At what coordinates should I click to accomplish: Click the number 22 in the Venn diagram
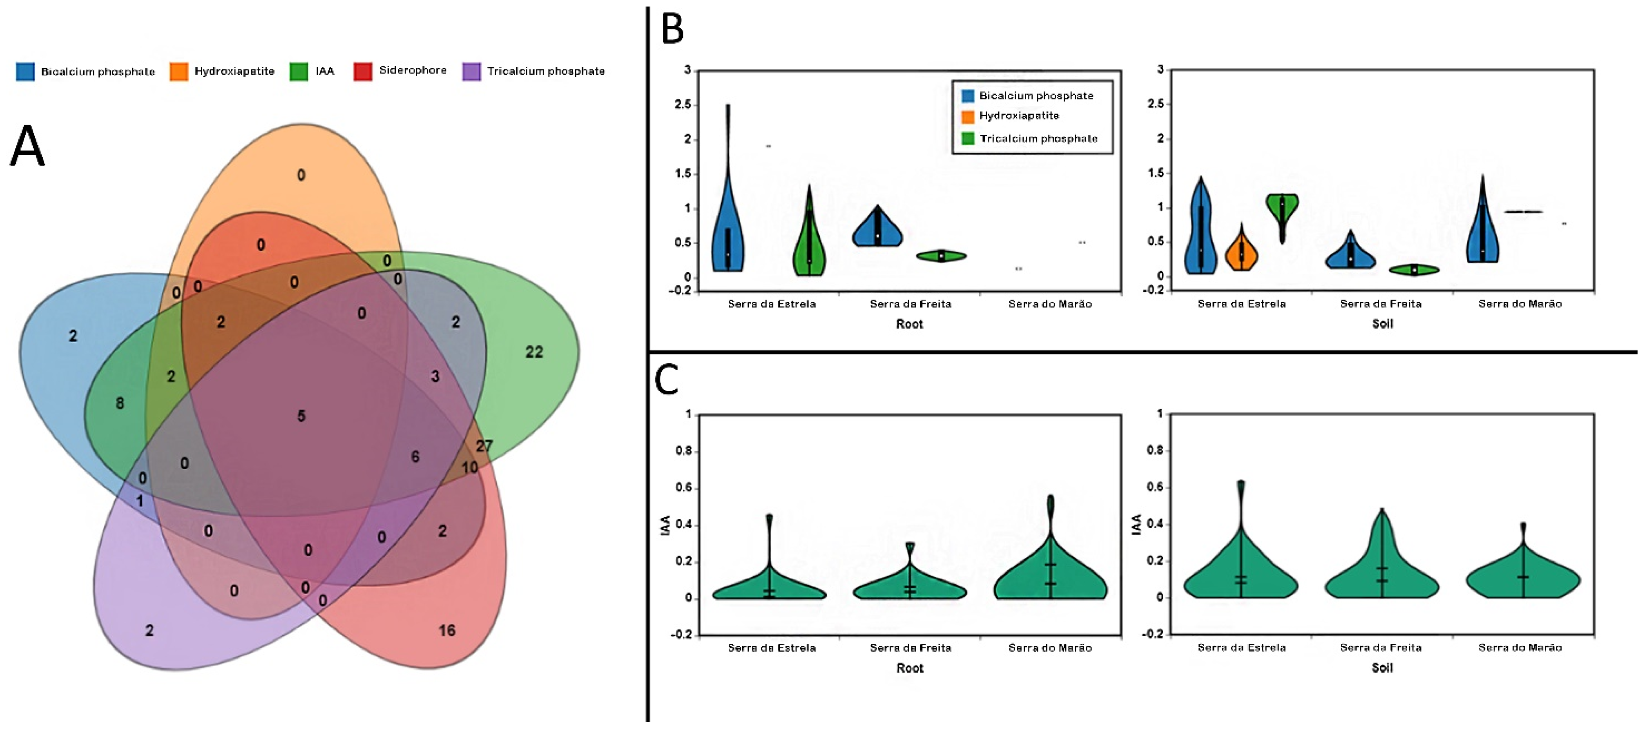[534, 352]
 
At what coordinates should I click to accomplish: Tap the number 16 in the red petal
[447, 630]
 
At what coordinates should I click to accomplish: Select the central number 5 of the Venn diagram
[301, 416]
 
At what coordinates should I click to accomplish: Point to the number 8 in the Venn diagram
[120, 403]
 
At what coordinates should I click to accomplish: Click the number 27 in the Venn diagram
[484, 445]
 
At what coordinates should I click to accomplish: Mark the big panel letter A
[27, 146]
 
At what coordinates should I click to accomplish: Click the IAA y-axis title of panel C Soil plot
[1136, 525]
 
